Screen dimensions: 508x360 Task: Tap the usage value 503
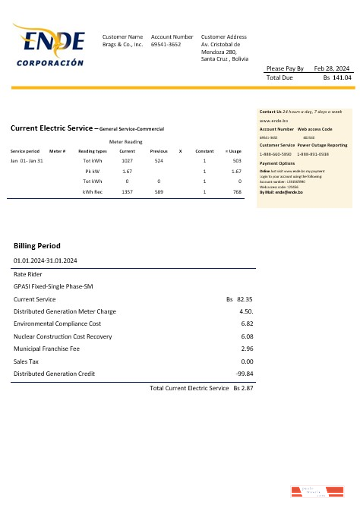(x=237, y=161)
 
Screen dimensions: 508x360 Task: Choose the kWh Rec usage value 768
(x=237, y=192)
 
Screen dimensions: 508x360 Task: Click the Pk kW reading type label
(x=93, y=172)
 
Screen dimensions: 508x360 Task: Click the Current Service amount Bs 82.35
(x=240, y=300)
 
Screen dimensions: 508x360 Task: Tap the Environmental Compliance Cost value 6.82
(x=246, y=323)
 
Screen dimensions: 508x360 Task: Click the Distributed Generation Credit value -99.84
(x=245, y=373)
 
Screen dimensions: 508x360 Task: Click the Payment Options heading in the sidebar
(x=277, y=163)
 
